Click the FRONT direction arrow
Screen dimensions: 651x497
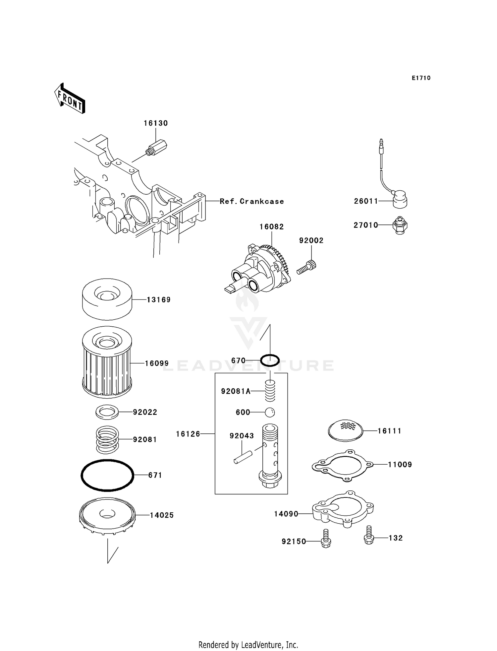[70, 99]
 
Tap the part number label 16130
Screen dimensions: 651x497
[155, 123]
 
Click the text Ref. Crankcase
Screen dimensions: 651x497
[252, 202]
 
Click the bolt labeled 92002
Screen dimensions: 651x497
[307, 267]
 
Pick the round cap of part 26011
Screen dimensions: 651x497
[400, 199]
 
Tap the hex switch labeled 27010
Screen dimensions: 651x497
[400, 226]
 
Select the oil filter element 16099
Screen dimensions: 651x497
[107, 363]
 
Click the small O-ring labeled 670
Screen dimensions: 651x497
[270, 360]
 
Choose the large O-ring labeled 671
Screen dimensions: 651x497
[107, 475]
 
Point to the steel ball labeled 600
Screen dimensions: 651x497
[270, 412]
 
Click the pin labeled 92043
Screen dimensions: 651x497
[243, 457]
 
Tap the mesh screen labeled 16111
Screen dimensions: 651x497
[345, 430]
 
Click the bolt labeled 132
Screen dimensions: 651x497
[369, 535]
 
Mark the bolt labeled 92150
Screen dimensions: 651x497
[326, 539]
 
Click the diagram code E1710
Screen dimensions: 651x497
[421, 78]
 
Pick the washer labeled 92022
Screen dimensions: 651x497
[107, 412]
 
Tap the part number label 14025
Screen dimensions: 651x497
[162, 515]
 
